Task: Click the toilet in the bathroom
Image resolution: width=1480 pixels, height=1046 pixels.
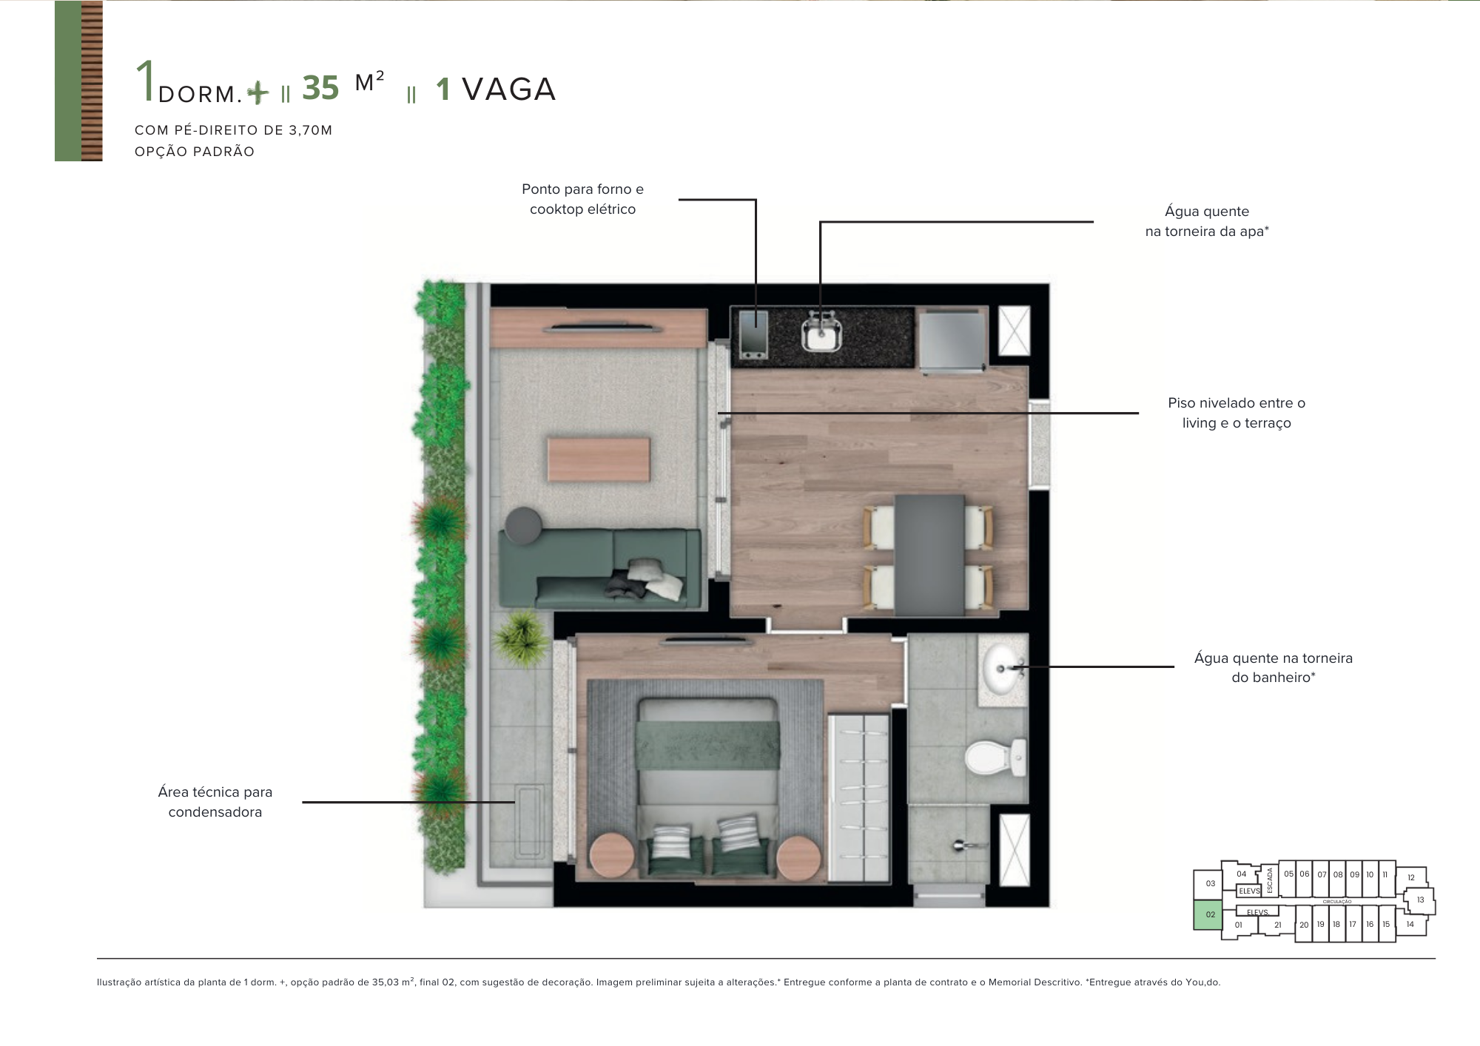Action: [x=992, y=756]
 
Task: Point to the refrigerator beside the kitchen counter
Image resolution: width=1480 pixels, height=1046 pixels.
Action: [x=951, y=339]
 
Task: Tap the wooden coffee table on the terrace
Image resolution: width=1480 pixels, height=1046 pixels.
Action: [x=599, y=459]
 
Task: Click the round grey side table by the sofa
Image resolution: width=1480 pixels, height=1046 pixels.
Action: [x=522, y=524]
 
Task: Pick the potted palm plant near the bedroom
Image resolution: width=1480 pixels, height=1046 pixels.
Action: [x=522, y=637]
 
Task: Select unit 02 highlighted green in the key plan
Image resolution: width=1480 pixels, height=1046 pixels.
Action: [x=1209, y=915]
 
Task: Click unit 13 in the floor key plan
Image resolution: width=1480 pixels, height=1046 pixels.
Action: [x=1420, y=900]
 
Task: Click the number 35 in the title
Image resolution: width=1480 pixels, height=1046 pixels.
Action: [x=320, y=89]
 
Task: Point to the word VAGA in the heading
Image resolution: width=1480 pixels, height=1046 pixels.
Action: [x=508, y=90]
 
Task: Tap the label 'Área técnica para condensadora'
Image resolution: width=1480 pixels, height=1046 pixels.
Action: [x=215, y=802]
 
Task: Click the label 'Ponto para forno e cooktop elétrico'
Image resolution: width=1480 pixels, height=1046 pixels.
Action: [x=582, y=199]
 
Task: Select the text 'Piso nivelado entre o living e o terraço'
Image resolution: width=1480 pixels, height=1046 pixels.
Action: [x=1236, y=413]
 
